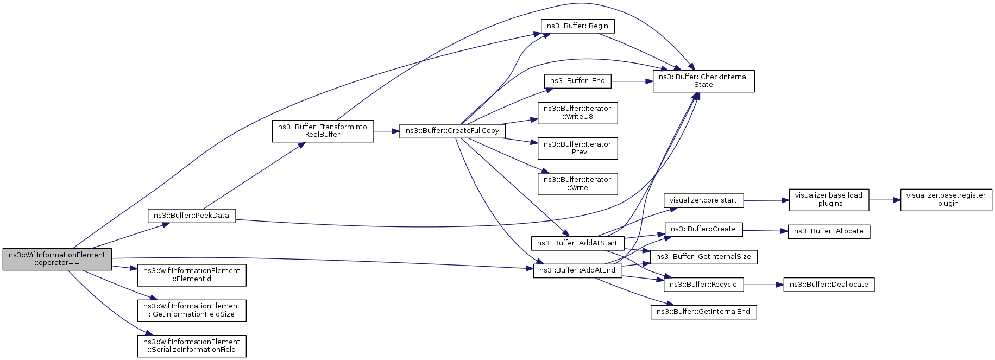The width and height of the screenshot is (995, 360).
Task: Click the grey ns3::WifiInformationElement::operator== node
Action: click(x=57, y=259)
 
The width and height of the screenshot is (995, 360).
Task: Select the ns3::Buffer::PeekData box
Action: click(x=192, y=216)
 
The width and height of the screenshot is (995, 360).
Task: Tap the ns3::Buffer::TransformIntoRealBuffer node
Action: click(x=323, y=131)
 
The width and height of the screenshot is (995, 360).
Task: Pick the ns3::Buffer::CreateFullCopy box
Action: click(x=452, y=131)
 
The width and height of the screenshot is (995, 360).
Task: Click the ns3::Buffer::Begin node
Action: click(x=577, y=26)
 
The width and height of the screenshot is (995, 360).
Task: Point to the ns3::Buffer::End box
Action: click(x=577, y=81)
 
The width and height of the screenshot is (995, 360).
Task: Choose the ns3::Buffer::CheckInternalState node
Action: click(x=703, y=81)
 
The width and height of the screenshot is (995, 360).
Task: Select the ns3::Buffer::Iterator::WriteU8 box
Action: click(x=577, y=112)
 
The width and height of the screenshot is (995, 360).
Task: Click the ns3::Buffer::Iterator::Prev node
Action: click(x=577, y=148)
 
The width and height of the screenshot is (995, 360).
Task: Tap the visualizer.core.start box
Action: click(x=703, y=200)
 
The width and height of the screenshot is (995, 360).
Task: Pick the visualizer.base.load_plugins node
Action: click(x=828, y=200)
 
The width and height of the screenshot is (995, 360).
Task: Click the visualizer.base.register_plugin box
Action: click(x=946, y=200)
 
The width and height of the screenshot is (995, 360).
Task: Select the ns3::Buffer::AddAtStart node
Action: click(x=577, y=243)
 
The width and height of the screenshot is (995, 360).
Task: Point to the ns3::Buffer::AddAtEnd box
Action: click(x=577, y=270)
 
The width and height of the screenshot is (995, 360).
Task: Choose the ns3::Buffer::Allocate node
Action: click(x=828, y=231)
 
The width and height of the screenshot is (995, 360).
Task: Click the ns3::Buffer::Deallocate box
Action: click(x=828, y=285)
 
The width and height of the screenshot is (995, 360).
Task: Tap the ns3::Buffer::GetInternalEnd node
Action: click(x=703, y=312)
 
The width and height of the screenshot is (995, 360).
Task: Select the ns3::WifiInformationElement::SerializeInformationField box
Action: click(x=192, y=346)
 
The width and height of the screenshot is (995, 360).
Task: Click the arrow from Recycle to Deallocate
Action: click(x=763, y=285)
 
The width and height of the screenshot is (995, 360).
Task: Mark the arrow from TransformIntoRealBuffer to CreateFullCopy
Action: click(x=387, y=131)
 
